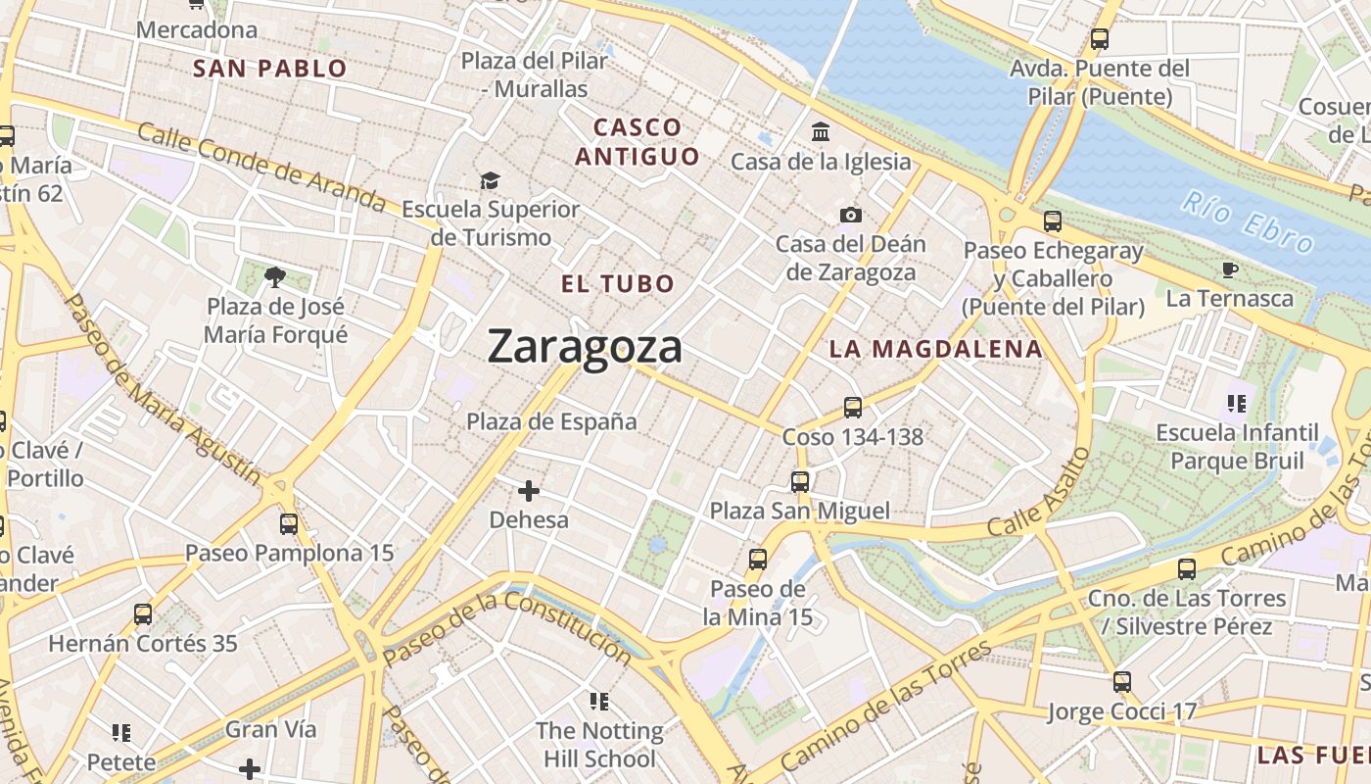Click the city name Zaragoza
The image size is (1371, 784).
tap(585, 347)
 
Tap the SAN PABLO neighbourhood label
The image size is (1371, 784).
tap(269, 69)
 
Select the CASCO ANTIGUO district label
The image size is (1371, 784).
tap(638, 142)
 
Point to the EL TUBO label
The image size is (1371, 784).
tap(618, 284)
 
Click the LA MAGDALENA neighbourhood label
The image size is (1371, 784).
tap(935, 349)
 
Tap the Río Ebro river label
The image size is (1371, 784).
tap(1247, 224)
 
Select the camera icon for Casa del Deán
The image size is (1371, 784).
tap(850, 215)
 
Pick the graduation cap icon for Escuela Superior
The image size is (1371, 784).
tap(490, 180)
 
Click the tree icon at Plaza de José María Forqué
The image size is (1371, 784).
tap(275, 277)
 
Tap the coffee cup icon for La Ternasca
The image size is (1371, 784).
tap(1230, 269)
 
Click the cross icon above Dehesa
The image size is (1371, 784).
tap(529, 490)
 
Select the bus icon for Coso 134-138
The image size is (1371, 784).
tap(852, 407)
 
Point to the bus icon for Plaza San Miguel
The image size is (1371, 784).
tap(800, 481)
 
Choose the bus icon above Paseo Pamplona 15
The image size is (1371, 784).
tap(289, 523)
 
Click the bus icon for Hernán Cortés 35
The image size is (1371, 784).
tap(143, 614)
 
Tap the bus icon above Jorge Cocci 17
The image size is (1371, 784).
tap(1121, 681)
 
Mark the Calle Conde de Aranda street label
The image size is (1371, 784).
tap(261, 167)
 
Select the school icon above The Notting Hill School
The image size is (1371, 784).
tap(598, 701)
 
